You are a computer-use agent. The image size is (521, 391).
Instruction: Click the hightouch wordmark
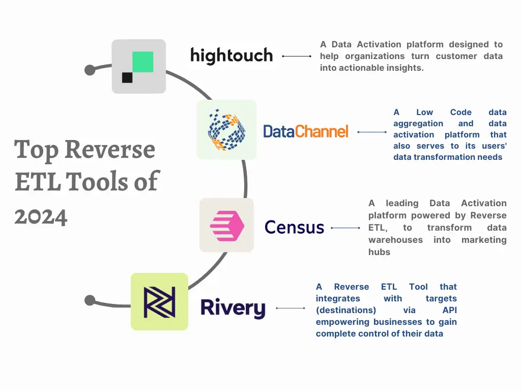click(x=231, y=55)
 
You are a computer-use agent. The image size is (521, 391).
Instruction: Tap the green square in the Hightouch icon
click(x=142, y=62)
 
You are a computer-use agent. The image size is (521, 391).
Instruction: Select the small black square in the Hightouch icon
click(x=127, y=77)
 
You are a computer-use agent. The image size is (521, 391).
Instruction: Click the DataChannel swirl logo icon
click(x=226, y=130)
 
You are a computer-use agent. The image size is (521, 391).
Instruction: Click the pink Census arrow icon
click(x=227, y=225)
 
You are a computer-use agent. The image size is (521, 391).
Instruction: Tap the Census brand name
click(x=294, y=227)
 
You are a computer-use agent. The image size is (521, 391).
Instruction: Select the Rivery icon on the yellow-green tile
click(x=159, y=302)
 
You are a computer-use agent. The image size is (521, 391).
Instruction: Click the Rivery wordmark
click(x=233, y=308)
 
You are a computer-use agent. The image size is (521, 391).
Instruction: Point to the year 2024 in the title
click(x=41, y=216)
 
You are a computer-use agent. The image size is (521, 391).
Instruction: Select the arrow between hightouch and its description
click(x=297, y=56)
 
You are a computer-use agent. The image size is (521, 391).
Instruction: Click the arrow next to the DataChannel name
click(x=372, y=132)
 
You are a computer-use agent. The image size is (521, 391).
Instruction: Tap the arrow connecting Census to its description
click(x=345, y=228)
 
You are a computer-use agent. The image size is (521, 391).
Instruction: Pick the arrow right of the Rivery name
click(x=290, y=308)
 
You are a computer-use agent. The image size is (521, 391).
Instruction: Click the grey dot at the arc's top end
click(x=90, y=69)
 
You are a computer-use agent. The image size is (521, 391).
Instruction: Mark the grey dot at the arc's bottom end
click(x=90, y=300)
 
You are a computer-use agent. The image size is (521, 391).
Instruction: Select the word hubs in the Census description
click(x=379, y=252)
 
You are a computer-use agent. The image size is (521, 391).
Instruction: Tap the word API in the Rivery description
click(x=449, y=310)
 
